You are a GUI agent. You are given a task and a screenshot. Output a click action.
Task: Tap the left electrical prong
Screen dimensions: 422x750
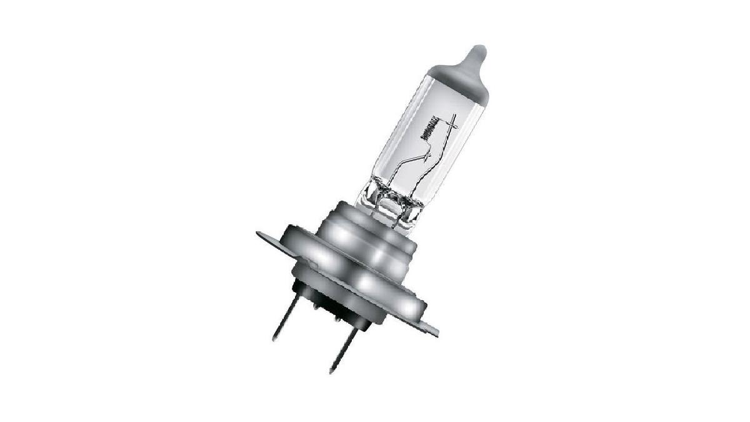pyautogui.click(x=286, y=318)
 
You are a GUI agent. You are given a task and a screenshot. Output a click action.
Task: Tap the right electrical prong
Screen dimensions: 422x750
pyautogui.click(x=343, y=349)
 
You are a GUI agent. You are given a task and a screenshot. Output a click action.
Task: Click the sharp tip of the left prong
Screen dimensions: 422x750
pyautogui.click(x=274, y=339)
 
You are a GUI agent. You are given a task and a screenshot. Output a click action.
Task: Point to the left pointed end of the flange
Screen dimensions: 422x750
pyautogui.click(x=258, y=234)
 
